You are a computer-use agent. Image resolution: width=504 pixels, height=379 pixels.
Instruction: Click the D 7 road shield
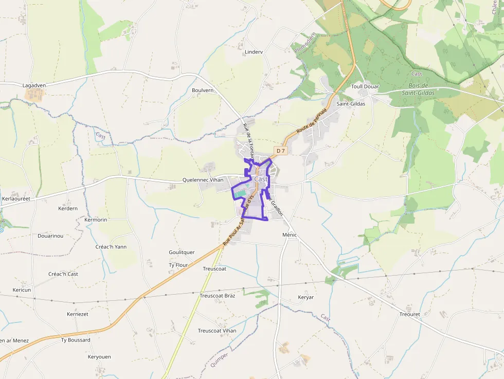280,151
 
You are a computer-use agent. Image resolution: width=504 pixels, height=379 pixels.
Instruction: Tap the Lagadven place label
34,85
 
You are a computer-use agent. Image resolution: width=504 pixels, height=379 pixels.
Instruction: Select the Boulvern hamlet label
202,90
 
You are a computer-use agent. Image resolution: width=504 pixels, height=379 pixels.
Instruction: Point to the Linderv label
254,52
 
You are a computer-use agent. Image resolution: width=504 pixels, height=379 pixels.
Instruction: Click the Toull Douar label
365,86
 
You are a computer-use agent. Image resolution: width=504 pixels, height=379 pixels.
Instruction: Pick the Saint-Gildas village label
351,103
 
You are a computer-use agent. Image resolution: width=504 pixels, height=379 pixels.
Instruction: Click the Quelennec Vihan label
203,180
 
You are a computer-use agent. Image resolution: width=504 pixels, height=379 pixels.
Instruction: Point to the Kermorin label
95,220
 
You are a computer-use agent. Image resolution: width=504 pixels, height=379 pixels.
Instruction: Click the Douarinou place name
50,236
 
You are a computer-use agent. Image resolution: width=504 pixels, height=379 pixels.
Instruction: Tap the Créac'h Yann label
111,247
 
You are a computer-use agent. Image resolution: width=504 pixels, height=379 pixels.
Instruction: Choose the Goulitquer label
182,252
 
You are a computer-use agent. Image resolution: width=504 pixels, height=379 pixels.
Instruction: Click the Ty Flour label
178,265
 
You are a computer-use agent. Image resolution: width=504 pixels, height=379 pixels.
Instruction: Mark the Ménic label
290,234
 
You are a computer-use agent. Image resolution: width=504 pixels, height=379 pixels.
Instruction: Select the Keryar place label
305,297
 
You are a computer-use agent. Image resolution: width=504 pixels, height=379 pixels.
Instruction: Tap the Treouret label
409,314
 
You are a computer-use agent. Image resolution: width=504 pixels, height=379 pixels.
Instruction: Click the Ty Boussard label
76,340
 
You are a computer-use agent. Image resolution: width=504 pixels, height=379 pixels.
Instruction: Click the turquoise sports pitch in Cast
240,193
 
